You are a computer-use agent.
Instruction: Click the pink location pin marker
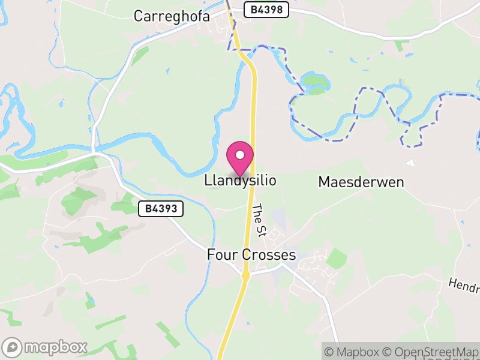240,158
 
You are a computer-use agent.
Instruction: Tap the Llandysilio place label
241,180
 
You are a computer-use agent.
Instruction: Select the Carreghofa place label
172,16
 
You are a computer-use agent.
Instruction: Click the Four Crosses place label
251,255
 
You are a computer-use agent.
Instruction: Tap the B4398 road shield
266,10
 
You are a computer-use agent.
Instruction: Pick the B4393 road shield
161,209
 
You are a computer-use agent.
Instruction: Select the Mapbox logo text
55,347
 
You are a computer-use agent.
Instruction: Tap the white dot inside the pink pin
240,155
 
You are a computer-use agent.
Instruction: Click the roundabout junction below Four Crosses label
245,275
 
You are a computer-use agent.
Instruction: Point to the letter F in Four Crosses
211,255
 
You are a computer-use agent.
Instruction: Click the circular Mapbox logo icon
13,347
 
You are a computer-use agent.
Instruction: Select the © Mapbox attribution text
353,352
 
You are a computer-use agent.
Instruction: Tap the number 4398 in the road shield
271,10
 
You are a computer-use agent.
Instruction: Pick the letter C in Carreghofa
139,16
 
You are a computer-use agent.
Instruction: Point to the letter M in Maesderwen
325,181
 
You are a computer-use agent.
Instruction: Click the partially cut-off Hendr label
464,283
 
